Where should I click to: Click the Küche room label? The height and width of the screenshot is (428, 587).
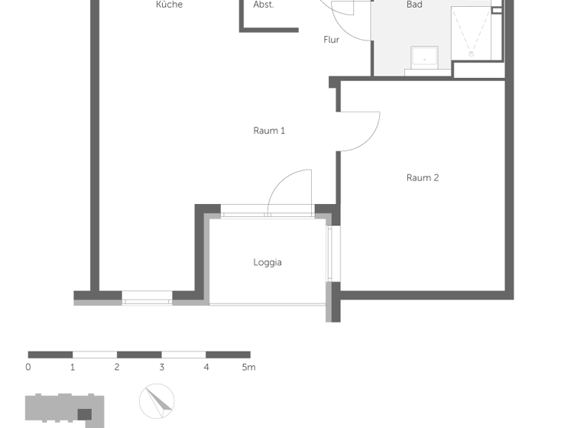pyautogui.click(x=169, y=5)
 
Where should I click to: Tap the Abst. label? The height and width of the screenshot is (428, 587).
pyautogui.click(x=264, y=5)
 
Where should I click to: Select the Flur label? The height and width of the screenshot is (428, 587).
pyautogui.click(x=331, y=40)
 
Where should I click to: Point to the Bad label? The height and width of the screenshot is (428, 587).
pyautogui.click(x=414, y=5)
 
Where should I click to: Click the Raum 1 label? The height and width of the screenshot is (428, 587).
pyautogui.click(x=269, y=131)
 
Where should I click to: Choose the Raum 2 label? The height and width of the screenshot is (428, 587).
pyautogui.click(x=423, y=178)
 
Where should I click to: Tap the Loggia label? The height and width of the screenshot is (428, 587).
pyautogui.click(x=268, y=262)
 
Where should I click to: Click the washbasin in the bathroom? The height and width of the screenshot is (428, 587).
pyautogui.click(x=424, y=57)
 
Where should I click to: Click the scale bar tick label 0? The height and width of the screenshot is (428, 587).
pyautogui.click(x=28, y=368)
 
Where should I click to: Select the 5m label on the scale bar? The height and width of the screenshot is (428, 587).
pyautogui.click(x=248, y=368)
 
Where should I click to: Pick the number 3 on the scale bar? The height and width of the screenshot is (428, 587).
pyautogui.click(x=162, y=368)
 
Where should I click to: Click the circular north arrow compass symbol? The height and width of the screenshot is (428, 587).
pyautogui.click(x=157, y=402)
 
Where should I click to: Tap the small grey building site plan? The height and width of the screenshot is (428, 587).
pyautogui.click(x=64, y=410)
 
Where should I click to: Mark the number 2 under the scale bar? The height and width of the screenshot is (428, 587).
pyautogui.click(x=117, y=368)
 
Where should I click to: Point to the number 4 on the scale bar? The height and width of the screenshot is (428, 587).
pyautogui.click(x=206, y=368)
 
